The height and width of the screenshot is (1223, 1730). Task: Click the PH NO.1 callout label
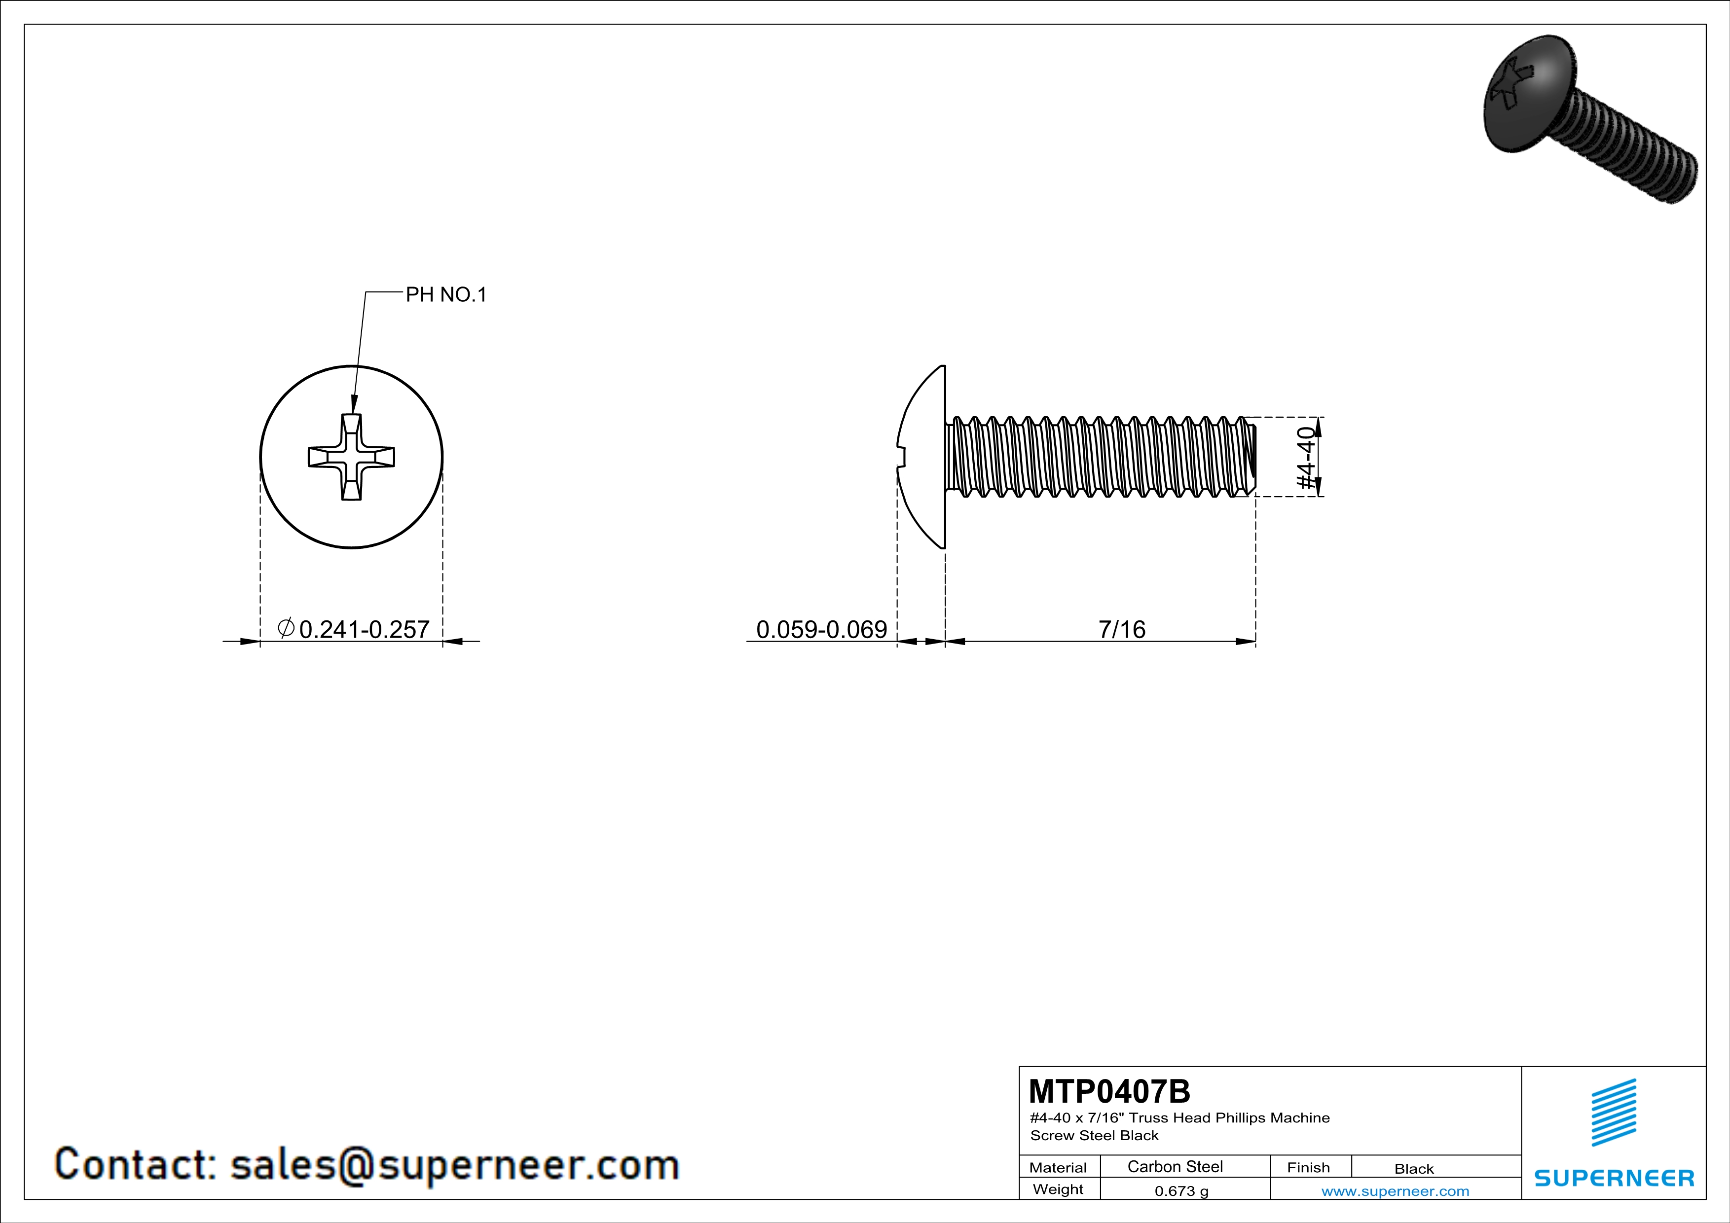pyautogui.click(x=446, y=294)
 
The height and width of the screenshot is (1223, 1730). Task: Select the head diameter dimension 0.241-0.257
pyautogui.click(x=364, y=629)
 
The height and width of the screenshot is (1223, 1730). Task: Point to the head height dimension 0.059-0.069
pyautogui.click(x=821, y=629)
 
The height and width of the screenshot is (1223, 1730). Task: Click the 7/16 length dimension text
pyautogui.click(x=1121, y=629)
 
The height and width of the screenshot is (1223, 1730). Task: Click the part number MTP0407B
pyautogui.click(x=1109, y=1091)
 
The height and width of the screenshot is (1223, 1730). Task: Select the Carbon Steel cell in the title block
pyautogui.click(x=1175, y=1166)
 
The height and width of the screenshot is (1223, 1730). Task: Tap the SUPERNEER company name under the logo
pyautogui.click(x=1614, y=1178)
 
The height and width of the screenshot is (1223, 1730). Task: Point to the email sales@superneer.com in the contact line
pyautogui.click(x=454, y=1164)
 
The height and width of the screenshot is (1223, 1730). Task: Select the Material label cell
pyautogui.click(x=1058, y=1167)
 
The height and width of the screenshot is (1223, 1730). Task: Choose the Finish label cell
pyautogui.click(x=1308, y=1167)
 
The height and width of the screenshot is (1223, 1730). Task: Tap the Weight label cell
pyautogui.click(x=1058, y=1189)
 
